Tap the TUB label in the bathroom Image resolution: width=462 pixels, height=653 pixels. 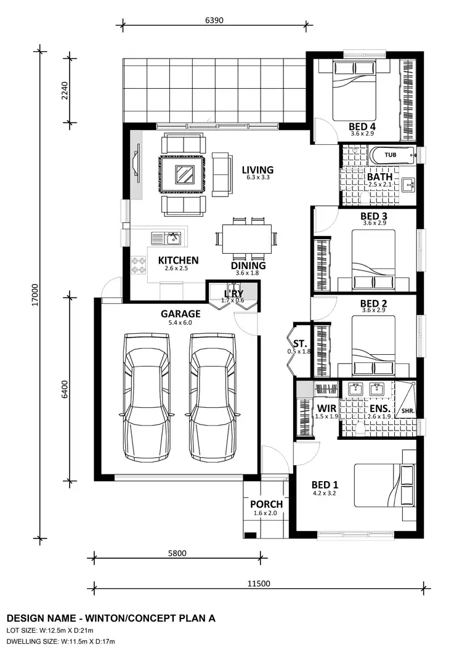tap(390, 155)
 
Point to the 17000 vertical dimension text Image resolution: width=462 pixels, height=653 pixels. tap(35, 294)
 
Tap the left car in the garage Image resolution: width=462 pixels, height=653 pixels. tap(146, 397)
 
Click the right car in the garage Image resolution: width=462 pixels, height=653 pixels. tap(213, 397)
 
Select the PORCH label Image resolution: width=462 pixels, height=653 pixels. tap(266, 505)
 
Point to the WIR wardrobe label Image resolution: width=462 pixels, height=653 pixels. tap(326, 408)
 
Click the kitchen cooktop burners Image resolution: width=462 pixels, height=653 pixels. tap(139, 266)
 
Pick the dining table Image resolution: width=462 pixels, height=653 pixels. tap(247, 237)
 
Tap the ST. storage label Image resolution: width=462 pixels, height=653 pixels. tap(300, 343)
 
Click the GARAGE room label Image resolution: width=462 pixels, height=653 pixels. tap(180, 314)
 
